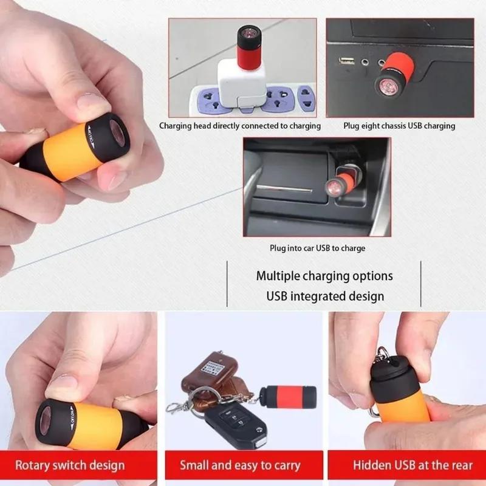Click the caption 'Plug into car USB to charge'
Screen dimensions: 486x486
(318, 248)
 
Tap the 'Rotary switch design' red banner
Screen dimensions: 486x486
(70, 466)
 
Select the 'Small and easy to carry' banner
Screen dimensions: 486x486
(240, 466)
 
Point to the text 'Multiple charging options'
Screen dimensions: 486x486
(324, 276)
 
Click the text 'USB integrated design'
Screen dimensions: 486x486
(325, 296)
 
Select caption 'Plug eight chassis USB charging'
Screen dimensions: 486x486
(399, 126)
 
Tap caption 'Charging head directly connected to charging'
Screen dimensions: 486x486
(240, 126)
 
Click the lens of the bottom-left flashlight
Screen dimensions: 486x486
(48, 420)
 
